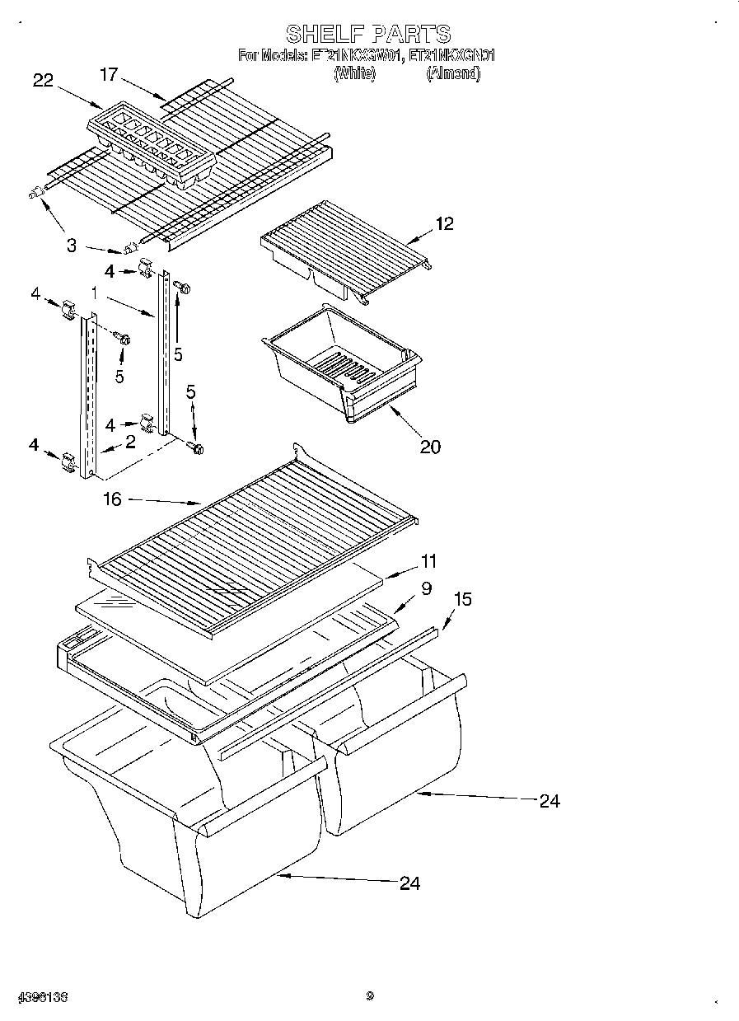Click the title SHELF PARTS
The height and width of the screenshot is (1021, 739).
click(x=368, y=33)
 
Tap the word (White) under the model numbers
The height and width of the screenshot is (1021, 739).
click(x=354, y=73)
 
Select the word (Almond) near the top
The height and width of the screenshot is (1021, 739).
click(x=452, y=73)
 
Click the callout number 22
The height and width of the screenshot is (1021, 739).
click(x=43, y=80)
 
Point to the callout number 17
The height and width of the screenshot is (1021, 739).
click(x=108, y=74)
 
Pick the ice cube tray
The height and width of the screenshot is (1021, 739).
click(x=151, y=143)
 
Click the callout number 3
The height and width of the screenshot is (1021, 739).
click(x=72, y=245)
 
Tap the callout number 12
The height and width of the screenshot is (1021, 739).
click(x=444, y=223)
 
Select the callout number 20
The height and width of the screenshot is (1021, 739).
click(x=430, y=447)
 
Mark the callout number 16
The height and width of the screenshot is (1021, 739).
click(x=113, y=499)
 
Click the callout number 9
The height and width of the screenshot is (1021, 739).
click(x=426, y=588)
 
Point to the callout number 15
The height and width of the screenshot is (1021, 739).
click(x=463, y=599)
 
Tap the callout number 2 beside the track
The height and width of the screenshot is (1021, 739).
click(x=130, y=443)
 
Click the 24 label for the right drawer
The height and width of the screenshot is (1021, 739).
click(x=550, y=800)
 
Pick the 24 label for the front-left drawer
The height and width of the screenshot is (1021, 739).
click(x=409, y=883)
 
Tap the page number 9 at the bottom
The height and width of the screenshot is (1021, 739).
click(x=370, y=995)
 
